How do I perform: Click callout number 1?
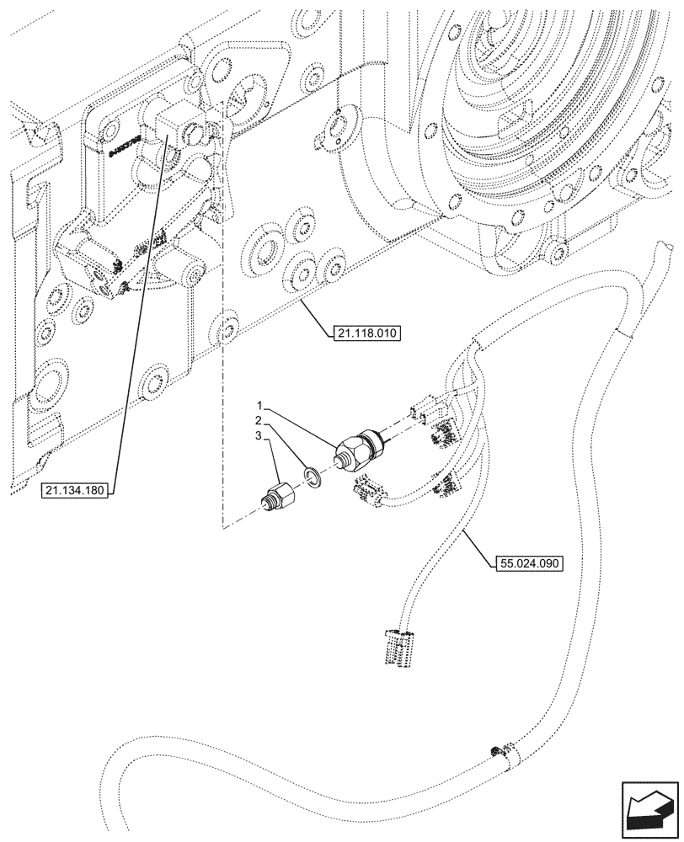(262, 406)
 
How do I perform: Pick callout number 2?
(262, 418)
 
